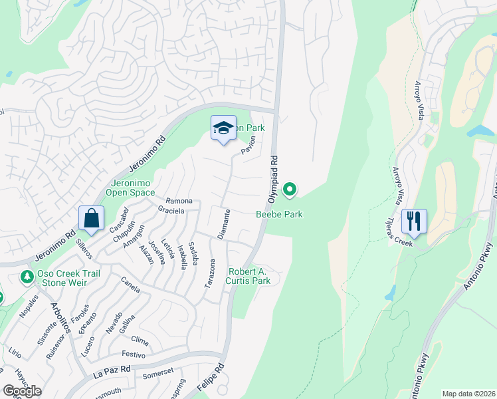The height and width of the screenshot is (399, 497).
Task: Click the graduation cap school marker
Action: click(224, 128)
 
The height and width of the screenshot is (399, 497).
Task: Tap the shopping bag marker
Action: click(90, 218)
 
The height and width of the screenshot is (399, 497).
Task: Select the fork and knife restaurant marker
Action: click(413, 221)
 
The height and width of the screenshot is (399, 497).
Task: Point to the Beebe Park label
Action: click(279, 214)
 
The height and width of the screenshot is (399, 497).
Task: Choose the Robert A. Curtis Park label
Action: click(249, 276)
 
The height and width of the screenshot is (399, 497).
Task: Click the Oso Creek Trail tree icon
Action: click(27, 275)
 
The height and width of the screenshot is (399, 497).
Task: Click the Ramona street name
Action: click(179, 201)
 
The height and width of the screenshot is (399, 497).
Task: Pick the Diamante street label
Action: click(224, 224)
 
